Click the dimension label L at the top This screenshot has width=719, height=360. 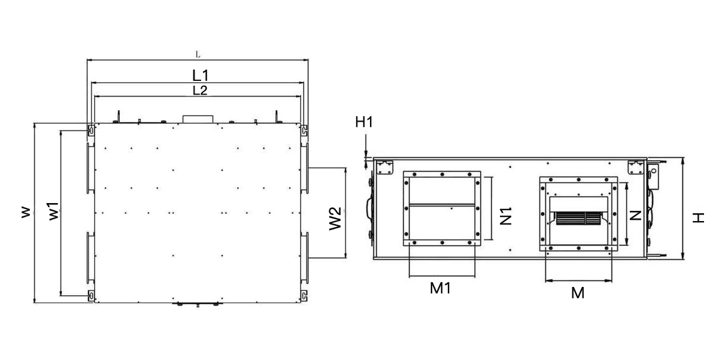pyautogui.click(x=198, y=55)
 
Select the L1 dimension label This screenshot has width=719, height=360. pyautogui.click(x=201, y=75)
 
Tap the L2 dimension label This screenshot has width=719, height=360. pyautogui.click(x=200, y=90)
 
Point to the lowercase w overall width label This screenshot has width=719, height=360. pyautogui.click(x=25, y=213)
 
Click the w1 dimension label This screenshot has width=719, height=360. pyautogui.click(x=53, y=212)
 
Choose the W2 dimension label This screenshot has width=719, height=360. pyautogui.click(x=336, y=218)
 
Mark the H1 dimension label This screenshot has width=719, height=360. pyautogui.click(x=364, y=122)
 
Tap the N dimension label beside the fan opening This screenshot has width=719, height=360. pyautogui.click(x=636, y=214)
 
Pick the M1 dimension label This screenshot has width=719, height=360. pyautogui.click(x=441, y=288)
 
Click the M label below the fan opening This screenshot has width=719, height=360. pyautogui.click(x=577, y=293)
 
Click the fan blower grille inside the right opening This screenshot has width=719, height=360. pyautogui.click(x=578, y=219)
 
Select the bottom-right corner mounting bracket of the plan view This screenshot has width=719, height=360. pyautogui.click(x=305, y=295)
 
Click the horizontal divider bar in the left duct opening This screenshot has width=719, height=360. pyautogui.click(x=442, y=206)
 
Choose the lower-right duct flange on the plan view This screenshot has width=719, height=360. pyautogui.click(x=305, y=258)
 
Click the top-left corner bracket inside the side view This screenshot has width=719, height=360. pyautogui.click(x=384, y=165)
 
